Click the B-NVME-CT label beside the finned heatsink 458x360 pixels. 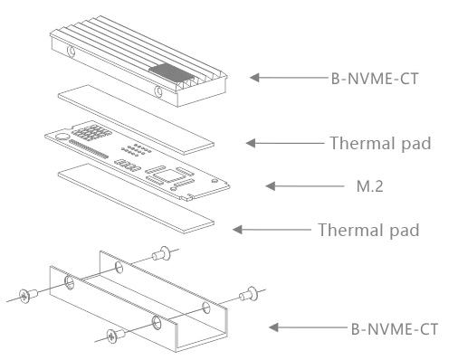[x=375, y=79]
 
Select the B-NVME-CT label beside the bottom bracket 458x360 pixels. [x=395, y=329]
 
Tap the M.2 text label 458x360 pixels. [x=370, y=186]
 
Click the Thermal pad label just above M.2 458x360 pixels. [x=380, y=143]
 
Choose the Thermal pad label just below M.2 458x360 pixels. [x=368, y=230]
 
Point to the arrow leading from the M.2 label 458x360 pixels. [x=305, y=186]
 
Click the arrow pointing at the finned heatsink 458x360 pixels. [x=289, y=78]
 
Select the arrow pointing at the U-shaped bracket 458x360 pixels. [x=308, y=327]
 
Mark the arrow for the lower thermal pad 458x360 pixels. [x=272, y=230]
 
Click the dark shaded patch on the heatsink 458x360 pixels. [x=171, y=72]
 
